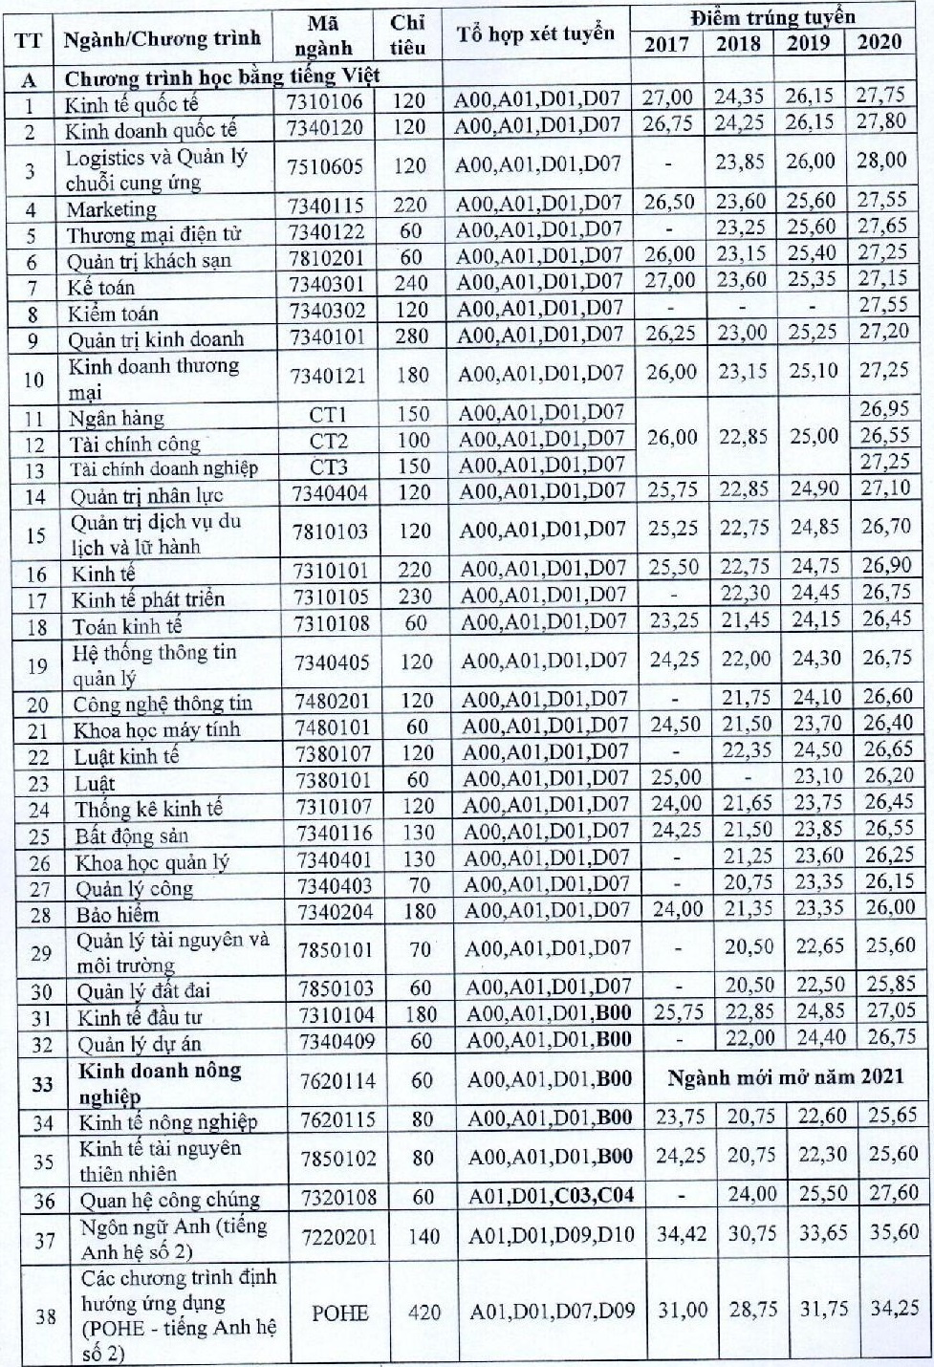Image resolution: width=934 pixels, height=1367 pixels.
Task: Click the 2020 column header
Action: [x=879, y=42]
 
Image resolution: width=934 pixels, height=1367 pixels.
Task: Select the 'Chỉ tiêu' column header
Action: [x=408, y=34]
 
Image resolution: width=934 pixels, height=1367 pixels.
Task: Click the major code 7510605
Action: [x=326, y=166]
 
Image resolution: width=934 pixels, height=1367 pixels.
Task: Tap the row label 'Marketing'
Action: [x=111, y=209]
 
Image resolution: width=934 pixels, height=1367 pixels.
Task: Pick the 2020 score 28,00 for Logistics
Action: [x=881, y=161]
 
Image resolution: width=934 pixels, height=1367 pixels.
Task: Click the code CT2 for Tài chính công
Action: [x=328, y=442]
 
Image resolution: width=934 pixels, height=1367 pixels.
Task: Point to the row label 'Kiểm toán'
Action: [x=113, y=314]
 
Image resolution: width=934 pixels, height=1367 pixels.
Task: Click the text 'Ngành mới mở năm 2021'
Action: [x=785, y=1077]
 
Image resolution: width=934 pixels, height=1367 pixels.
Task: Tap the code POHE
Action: [x=339, y=1313]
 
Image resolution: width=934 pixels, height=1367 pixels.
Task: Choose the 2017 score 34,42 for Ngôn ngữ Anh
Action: [x=681, y=1233]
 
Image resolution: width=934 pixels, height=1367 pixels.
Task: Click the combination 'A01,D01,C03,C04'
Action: [x=551, y=1195]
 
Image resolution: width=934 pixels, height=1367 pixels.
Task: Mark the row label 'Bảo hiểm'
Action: [x=118, y=915]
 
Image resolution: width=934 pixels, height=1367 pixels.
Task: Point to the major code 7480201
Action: [x=332, y=701]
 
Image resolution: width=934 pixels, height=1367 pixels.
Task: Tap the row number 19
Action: [x=36, y=665]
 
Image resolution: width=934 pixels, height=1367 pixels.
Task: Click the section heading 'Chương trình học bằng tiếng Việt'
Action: [x=222, y=76]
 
